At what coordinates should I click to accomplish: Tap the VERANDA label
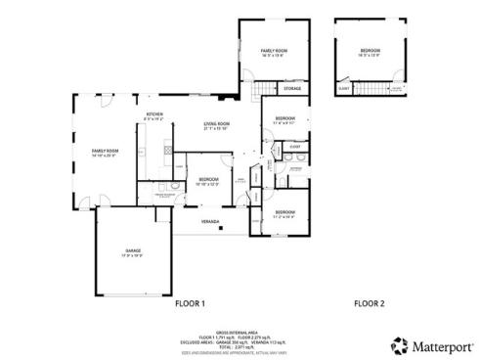[209, 222]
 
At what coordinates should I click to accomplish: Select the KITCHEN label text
[154, 115]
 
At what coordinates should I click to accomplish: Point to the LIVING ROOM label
[216, 123]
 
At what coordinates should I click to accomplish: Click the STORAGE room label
[292, 89]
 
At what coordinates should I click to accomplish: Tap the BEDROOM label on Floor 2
[369, 50]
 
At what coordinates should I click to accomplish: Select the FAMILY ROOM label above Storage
[274, 50]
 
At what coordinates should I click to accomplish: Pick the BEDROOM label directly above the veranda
[208, 179]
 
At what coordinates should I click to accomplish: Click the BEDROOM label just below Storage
[283, 119]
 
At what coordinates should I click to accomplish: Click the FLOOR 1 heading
[190, 304]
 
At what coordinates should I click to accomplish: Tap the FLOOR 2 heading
[369, 304]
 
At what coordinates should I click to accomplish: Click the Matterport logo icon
[399, 344]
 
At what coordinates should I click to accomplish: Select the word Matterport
[440, 344]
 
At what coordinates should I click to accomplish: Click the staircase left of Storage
[259, 91]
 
